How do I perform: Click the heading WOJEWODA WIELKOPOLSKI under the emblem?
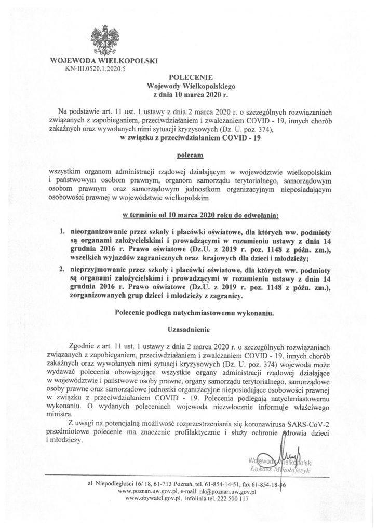tap(104, 61)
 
